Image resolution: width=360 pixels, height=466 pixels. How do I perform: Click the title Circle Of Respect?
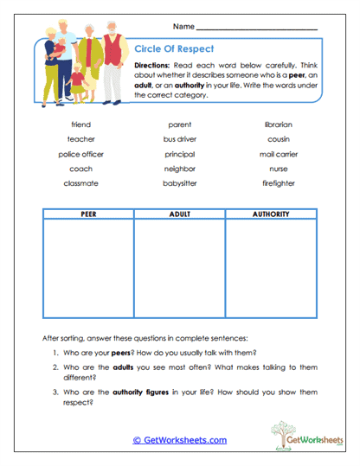[174, 49]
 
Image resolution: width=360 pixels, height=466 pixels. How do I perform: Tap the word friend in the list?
[81, 124]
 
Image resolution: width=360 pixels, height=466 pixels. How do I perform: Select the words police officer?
[81, 154]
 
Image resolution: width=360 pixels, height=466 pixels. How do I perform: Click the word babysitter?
[180, 183]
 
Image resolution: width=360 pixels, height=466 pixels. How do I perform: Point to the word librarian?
[278, 124]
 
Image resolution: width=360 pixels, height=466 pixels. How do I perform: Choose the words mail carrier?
[278, 154]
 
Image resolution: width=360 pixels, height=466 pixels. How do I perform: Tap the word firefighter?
[278, 183]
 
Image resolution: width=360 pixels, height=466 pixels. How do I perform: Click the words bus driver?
[180, 139]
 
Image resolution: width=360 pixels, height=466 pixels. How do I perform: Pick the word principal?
[180, 154]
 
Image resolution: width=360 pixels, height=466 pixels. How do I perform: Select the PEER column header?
[87, 214]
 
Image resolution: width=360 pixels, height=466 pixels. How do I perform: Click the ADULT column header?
[179, 214]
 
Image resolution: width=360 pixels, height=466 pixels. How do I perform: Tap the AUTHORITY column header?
[271, 214]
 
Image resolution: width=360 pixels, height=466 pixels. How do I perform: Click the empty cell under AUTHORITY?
[271, 268]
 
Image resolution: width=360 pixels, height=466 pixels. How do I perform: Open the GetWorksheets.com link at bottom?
[179, 440]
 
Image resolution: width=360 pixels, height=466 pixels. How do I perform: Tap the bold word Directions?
[156, 65]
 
